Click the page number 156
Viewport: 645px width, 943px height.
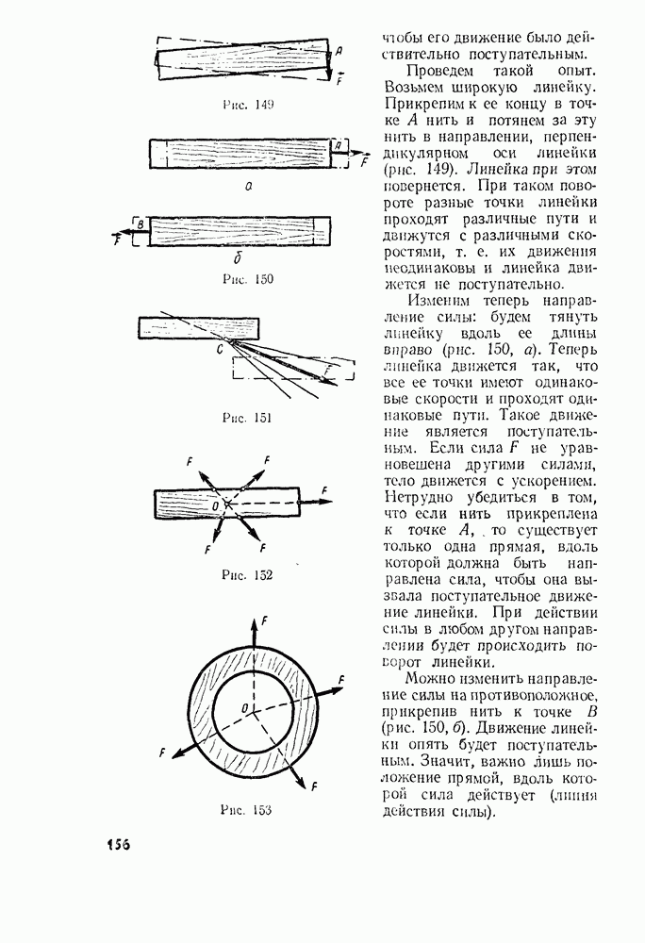tap(119, 844)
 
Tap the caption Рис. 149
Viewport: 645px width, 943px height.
tap(248, 105)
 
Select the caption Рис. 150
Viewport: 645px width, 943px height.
tap(248, 279)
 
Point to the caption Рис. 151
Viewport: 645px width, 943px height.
tap(247, 418)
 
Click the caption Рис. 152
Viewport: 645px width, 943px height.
tap(247, 575)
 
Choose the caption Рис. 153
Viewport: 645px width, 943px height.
tap(246, 809)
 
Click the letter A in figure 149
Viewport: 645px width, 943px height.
tap(339, 52)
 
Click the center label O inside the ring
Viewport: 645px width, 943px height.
tap(244, 709)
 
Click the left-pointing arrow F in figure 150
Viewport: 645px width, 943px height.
tap(124, 232)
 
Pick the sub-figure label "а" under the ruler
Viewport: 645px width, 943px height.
tap(249, 187)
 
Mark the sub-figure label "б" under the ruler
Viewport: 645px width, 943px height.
tap(238, 259)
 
